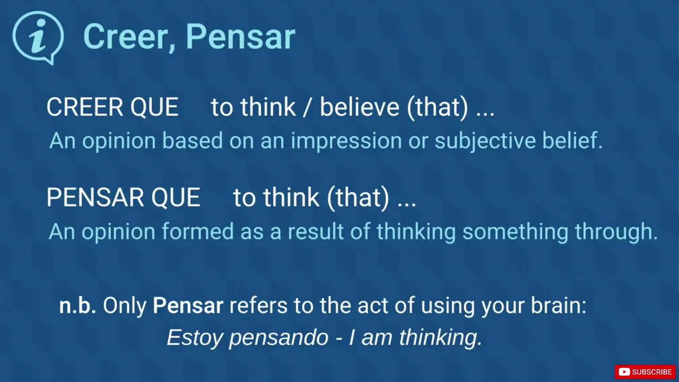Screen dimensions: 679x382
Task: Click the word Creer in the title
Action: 125,37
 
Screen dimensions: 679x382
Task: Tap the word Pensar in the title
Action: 240,37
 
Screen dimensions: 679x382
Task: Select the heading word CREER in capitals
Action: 85,107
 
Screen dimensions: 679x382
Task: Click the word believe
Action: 360,107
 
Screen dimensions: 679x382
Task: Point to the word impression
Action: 346,141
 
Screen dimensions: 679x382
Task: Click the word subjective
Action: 485,141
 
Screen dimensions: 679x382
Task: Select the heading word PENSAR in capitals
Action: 95,197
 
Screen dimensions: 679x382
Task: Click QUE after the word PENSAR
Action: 176,197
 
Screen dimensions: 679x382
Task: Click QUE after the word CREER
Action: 154,107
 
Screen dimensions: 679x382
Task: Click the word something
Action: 515,232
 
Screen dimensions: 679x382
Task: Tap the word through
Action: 616,232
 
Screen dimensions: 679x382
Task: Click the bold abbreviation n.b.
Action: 77,305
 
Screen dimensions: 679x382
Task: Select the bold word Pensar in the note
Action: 188,305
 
